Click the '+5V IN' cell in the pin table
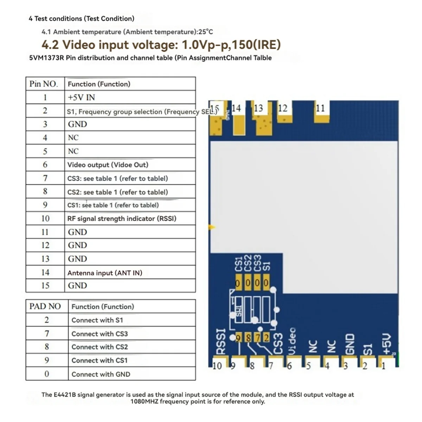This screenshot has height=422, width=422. click(81, 97)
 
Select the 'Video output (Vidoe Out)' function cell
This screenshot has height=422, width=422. click(108, 165)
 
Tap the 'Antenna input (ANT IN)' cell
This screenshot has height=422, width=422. click(105, 273)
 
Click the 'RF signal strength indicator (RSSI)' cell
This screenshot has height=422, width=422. click(122, 218)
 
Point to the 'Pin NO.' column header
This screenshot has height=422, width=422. click(44, 84)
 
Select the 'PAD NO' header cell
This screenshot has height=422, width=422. click(45, 306)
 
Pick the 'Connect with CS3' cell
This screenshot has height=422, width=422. click(100, 334)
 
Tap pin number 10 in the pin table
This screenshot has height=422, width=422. click(45, 218)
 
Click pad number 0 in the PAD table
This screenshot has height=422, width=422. click(47, 374)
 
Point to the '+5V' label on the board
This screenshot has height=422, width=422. click(386, 344)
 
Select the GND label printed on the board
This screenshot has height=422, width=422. click(349, 344)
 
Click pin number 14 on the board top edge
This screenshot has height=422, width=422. click(236, 108)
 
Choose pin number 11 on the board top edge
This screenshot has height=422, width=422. click(320, 108)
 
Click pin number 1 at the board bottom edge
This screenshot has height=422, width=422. click(384, 366)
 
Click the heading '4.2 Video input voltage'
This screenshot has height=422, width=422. click(161, 45)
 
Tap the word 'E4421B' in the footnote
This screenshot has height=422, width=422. click(65, 395)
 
